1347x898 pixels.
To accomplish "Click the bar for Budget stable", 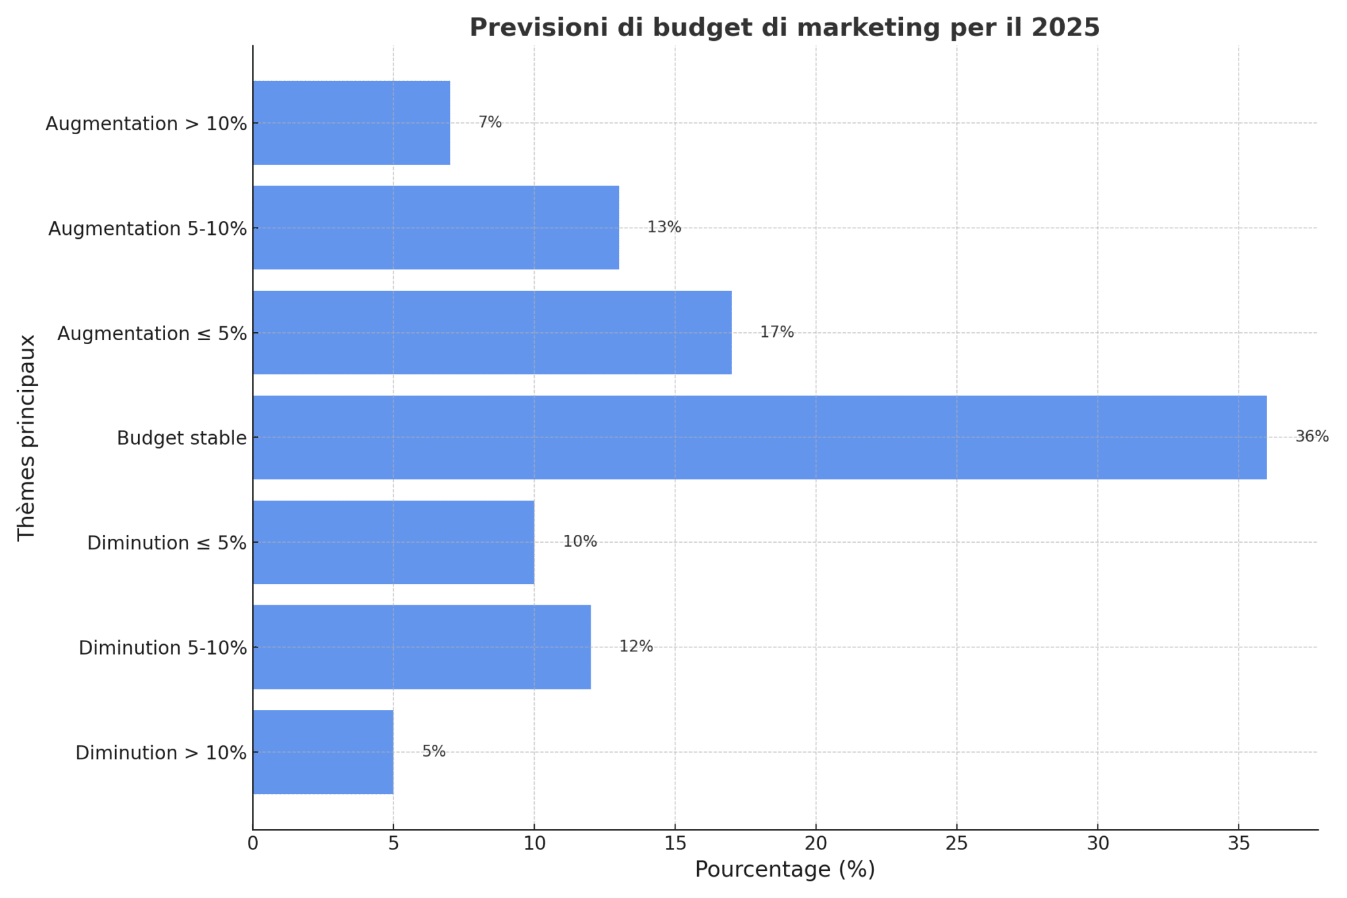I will pyautogui.click(x=759, y=437).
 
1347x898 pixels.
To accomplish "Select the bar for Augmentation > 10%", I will pyautogui.click(x=351, y=123).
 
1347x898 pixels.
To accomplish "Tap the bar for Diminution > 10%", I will pyautogui.click(x=323, y=752).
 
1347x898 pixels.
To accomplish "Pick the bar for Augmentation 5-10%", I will pyautogui.click(x=435, y=228).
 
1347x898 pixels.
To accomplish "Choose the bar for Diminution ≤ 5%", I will pyautogui.click(x=393, y=542).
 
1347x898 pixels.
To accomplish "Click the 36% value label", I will pyautogui.click(x=1311, y=437).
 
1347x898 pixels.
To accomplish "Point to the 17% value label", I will pyautogui.click(x=777, y=332).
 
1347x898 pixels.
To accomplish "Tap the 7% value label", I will pyautogui.click(x=489, y=122).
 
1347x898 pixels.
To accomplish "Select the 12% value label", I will pyautogui.click(x=636, y=647).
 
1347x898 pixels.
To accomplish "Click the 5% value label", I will pyautogui.click(x=433, y=751).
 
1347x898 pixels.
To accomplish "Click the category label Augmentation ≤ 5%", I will pyautogui.click(x=152, y=334).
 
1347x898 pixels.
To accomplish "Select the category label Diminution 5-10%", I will pyautogui.click(x=162, y=648).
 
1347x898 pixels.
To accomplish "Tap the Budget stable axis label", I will pyautogui.click(x=182, y=438).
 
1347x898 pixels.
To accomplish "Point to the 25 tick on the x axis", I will pyautogui.click(x=956, y=843).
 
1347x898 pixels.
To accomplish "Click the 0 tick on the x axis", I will pyautogui.click(x=253, y=843).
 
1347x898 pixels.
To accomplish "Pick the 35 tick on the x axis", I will pyautogui.click(x=1238, y=843).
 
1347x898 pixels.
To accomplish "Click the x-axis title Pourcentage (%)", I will pyautogui.click(x=785, y=870).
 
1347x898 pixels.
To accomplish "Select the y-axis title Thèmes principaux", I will pyautogui.click(x=26, y=437).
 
